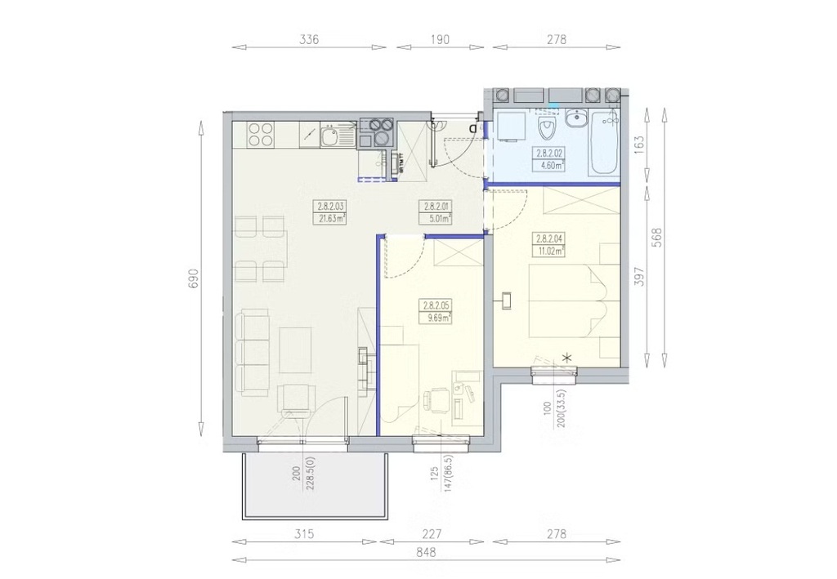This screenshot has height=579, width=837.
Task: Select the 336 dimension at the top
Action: click(309, 39)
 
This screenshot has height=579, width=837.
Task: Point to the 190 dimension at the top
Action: click(439, 39)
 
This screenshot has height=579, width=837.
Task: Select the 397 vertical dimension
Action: click(639, 276)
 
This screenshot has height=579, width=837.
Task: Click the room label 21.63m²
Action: click(330, 217)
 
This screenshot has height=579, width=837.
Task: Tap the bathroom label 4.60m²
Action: click(550, 166)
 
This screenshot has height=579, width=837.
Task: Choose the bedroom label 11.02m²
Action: click(550, 251)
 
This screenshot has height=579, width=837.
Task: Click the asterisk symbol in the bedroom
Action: click(567, 358)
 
